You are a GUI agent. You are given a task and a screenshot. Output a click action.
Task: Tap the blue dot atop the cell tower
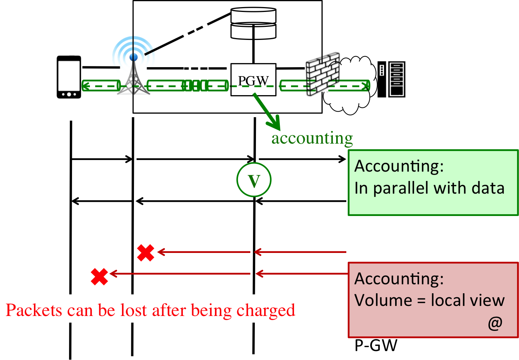click(x=134, y=57)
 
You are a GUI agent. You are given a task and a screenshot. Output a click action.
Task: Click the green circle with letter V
click(x=254, y=180)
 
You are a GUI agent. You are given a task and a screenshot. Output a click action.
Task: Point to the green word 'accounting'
click(x=312, y=138)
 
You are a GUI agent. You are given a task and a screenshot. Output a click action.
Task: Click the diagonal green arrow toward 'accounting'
click(x=266, y=111)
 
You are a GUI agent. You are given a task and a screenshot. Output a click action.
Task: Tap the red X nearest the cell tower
click(x=146, y=253)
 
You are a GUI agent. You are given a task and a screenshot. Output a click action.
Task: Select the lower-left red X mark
click(x=100, y=276)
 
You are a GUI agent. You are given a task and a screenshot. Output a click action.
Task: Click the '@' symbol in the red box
click(x=495, y=323)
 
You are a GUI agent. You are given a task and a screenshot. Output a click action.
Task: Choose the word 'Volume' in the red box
click(x=383, y=300)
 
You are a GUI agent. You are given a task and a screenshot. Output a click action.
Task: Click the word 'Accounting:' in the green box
click(x=399, y=166)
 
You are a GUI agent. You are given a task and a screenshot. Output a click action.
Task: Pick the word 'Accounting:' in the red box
click(x=399, y=279)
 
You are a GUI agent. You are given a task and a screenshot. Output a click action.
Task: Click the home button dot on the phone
click(x=69, y=94)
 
